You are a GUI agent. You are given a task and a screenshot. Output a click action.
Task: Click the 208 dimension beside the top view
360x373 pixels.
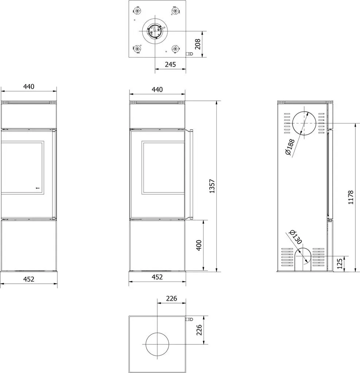[198, 44]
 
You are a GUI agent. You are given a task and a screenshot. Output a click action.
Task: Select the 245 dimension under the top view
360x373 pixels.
[170, 64]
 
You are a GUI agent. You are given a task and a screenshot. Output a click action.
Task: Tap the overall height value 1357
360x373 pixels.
[212, 186]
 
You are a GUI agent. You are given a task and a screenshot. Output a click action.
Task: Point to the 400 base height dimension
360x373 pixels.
[199, 245]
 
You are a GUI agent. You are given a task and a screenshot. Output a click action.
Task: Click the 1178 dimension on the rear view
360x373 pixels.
[351, 197]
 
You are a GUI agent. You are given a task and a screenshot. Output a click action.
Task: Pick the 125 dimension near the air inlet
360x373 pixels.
[340, 263]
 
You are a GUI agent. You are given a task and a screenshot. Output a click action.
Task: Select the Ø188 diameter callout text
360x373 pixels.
[290, 147]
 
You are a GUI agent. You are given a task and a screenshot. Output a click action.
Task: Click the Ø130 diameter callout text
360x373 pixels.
[295, 237]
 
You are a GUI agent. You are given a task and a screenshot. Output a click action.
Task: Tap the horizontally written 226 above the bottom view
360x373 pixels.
[171, 298]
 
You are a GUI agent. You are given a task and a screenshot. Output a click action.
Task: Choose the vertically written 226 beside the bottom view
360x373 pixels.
[199, 330]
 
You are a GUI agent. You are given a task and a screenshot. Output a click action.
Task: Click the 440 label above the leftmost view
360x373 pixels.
[28, 86]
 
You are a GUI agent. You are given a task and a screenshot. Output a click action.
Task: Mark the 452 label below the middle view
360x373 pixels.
[157, 277]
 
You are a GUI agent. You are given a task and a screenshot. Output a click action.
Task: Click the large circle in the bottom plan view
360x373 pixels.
[157, 333]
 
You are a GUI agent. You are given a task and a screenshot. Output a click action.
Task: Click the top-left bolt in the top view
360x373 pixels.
[137, 11]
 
